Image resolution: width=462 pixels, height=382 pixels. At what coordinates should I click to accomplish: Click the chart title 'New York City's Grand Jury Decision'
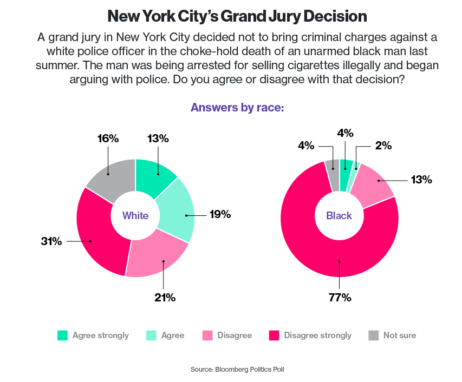tap(237, 16)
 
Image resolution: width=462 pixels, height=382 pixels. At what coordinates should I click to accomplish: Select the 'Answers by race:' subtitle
tap(237, 107)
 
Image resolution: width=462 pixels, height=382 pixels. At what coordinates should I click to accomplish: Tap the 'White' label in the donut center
tap(135, 216)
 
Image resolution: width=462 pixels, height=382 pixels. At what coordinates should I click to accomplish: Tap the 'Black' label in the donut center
tap(339, 216)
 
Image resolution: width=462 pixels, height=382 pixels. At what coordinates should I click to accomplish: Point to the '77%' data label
tap(340, 297)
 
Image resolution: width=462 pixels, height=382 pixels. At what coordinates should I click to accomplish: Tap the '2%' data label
tap(383, 145)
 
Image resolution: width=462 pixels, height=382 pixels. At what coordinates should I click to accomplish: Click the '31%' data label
tap(52, 241)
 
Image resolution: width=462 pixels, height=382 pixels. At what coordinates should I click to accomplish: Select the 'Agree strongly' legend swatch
tap(62, 335)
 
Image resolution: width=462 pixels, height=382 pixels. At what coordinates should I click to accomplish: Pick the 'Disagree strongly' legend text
tap(317, 335)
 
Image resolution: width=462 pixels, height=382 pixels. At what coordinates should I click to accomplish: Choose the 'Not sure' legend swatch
tap(373, 335)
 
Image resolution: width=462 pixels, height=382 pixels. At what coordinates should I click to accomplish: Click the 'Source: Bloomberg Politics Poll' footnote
tap(237, 369)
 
